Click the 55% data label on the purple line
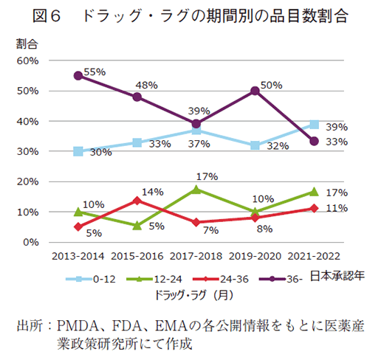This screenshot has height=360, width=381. pos(95,72)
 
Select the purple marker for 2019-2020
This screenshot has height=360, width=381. pos(255,91)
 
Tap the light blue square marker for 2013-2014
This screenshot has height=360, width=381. pos(78,151)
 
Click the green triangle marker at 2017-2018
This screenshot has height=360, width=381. pos(196,190)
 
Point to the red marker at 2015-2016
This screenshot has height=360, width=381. pos(137,200)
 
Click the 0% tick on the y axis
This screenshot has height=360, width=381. pos(30,242)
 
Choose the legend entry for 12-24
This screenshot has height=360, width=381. pos(148,279)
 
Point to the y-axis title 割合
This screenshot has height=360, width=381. pos(26,44)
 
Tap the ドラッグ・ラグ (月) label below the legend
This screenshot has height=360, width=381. pos(191,296)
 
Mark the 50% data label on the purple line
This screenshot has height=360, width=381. pos(271,86)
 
